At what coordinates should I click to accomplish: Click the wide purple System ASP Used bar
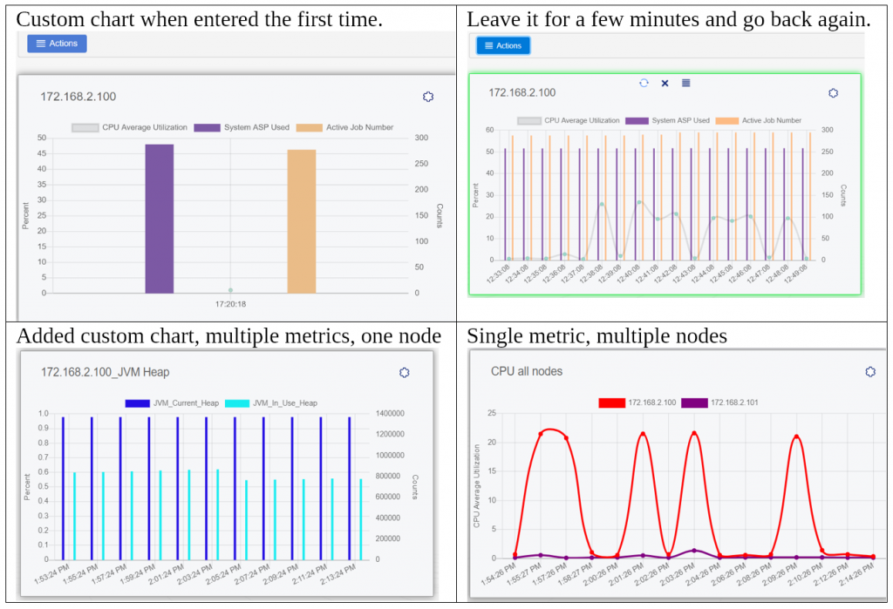tap(160, 218)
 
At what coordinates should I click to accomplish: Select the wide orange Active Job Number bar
tap(302, 221)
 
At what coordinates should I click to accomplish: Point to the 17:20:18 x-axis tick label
tap(230, 304)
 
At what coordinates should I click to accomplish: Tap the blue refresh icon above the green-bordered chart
tap(644, 83)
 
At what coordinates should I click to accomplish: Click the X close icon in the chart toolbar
tap(665, 83)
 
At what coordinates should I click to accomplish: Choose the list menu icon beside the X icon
tap(685, 83)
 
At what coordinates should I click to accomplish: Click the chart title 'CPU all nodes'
tap(527, 371)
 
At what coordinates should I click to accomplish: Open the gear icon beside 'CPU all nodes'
tap(869, 372)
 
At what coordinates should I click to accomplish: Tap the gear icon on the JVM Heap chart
tap(404, 372)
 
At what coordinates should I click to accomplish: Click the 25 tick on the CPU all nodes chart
tap(492, 413)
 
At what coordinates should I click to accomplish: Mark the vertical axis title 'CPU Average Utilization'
tap(477, 486)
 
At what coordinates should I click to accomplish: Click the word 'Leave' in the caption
tap(488, 19)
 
